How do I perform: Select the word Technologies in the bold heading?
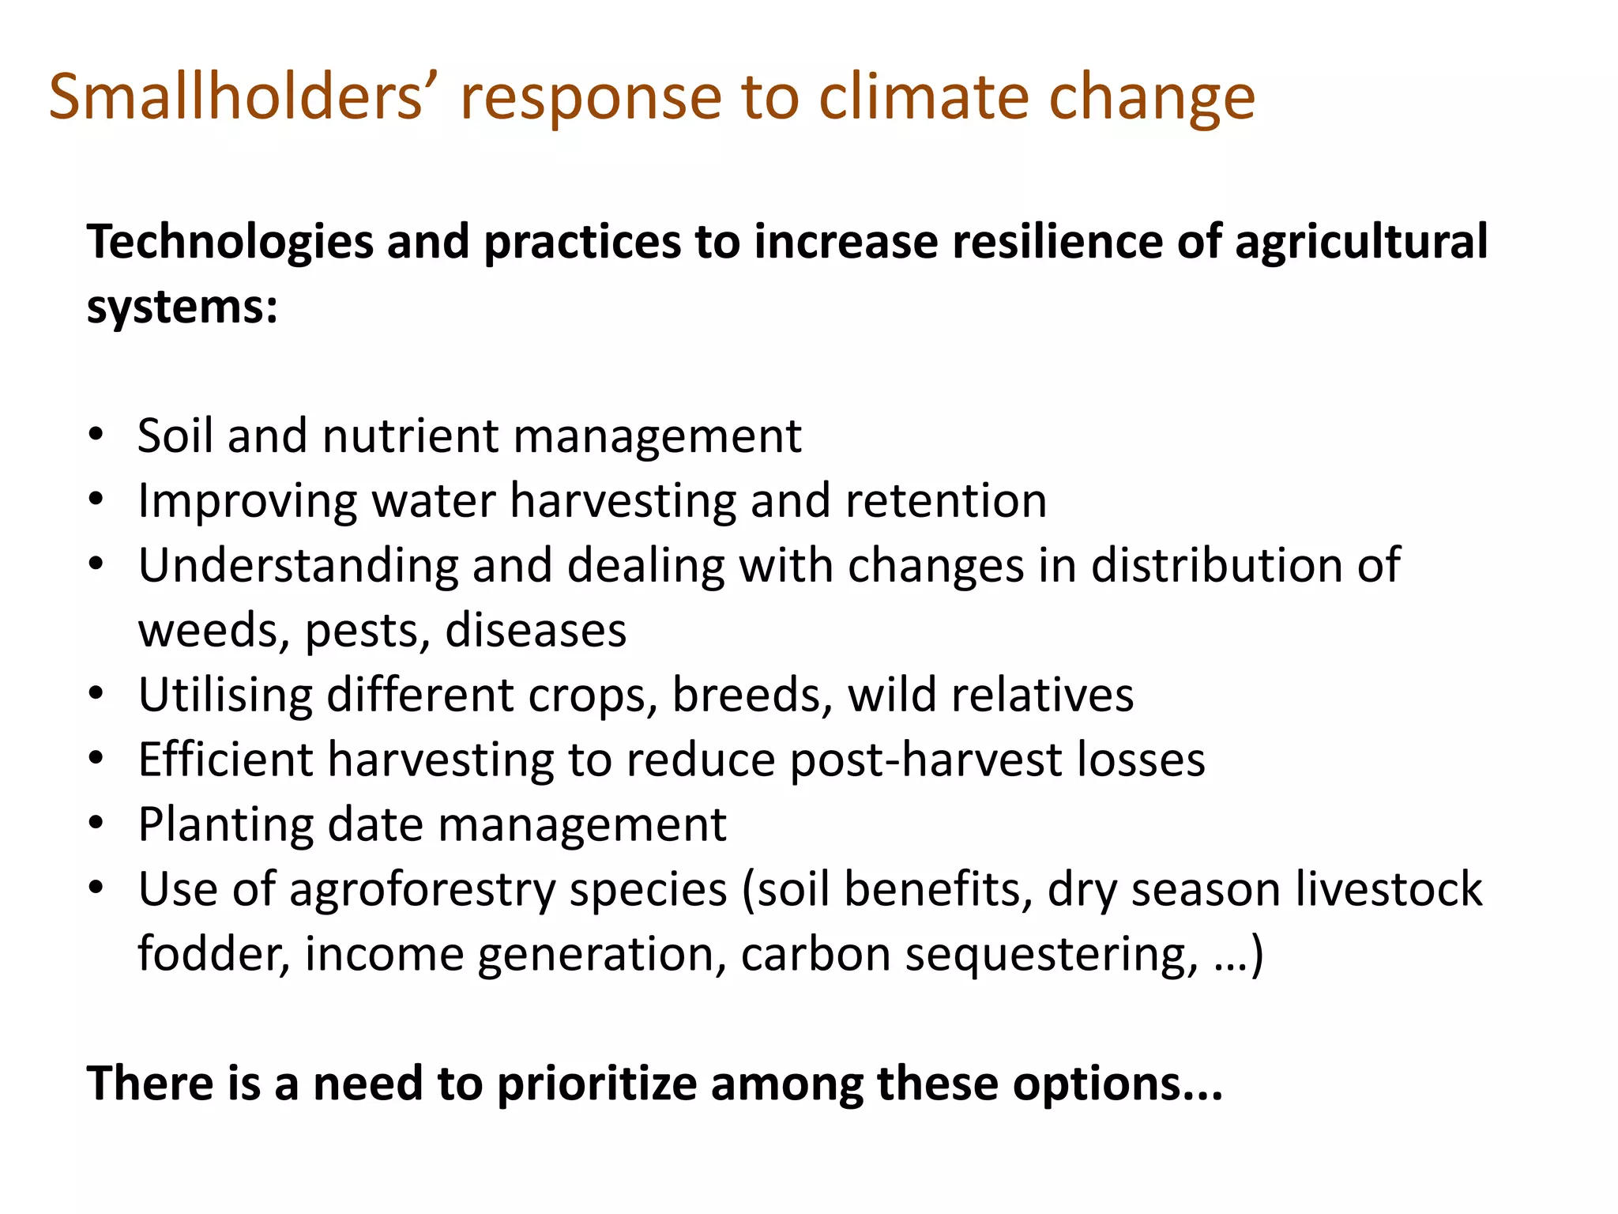[x=230, y=242]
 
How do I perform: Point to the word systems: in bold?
[x=182, y=307]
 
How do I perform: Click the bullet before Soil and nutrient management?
[x=96, y=435]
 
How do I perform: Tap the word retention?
[x=946, y=501]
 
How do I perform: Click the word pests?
[x=367, y=632]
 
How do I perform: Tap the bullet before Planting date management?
[x=96, y=824]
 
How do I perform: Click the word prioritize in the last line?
[x=596, y=1084]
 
